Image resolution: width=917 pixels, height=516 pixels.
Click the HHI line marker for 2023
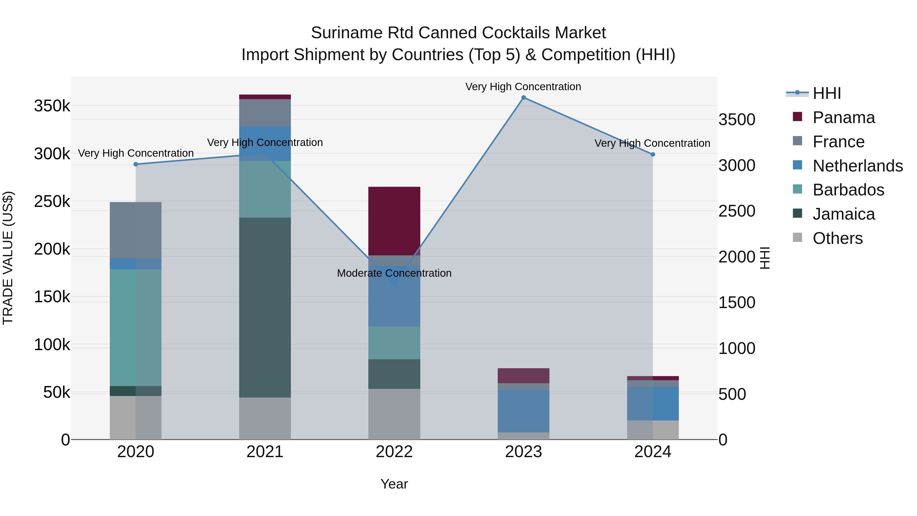pos(523,98)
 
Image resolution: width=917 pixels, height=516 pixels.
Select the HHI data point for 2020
pos(136,164)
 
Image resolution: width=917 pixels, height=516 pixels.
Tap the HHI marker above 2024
pos(653,155)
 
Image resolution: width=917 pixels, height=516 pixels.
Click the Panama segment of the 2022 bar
pos(394,221)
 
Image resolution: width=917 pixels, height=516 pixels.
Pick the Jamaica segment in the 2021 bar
pos(265,307)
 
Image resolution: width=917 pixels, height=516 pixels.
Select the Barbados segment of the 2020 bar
pos(136,328)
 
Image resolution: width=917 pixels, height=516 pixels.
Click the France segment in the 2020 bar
pos(136,230)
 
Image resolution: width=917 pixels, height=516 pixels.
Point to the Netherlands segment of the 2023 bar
pos(523,411)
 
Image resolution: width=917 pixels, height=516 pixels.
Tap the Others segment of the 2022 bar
pos(394,414)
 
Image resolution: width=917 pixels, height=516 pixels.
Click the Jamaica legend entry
pos(843,214)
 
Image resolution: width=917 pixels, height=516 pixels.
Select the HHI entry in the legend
pos(827,93)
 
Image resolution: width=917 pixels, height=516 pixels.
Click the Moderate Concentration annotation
pos(394,273)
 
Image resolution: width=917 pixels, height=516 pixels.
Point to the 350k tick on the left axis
pos(52,106)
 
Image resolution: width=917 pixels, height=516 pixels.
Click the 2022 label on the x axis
pos(394,452)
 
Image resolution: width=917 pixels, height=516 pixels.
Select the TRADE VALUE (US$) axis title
pos(8,258)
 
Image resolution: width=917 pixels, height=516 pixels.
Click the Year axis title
pos(394,484)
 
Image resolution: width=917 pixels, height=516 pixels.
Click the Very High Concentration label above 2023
pos(523,87)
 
